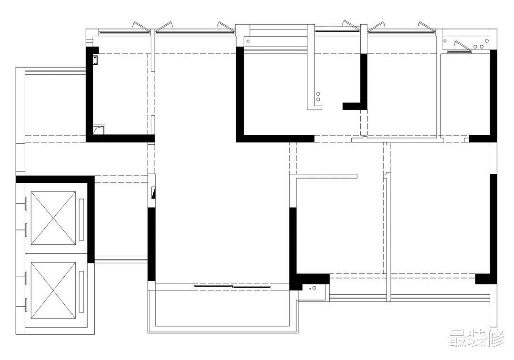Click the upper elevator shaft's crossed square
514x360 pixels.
coord(53,218)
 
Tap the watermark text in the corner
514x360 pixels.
coord(475,339)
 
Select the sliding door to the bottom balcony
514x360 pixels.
coord(232,287)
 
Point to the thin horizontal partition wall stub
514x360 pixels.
coord(326,176)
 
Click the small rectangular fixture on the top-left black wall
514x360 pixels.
coord(95,60)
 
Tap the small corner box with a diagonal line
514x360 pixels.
coord(99,130)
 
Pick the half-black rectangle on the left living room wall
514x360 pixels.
coord(153,193)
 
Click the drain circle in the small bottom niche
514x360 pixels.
coord(314,288)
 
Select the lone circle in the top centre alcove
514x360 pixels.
coord(248,41)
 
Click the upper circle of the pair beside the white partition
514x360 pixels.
coord(318,94)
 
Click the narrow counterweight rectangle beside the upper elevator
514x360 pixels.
coord(82,219)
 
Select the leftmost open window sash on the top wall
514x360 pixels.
coord(139,26)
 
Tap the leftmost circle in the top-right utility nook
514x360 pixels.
coord(445,41)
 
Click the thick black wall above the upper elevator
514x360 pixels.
coord(55,180)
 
